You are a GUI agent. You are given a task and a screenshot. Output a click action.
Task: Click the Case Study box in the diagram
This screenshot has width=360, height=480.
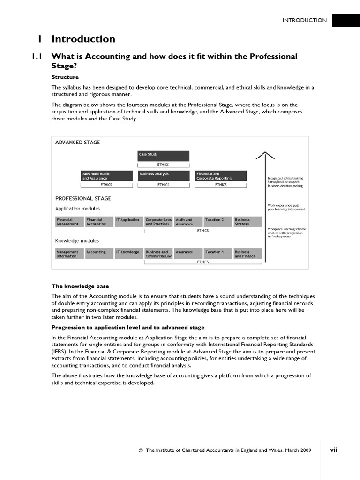click(x=163, y=156)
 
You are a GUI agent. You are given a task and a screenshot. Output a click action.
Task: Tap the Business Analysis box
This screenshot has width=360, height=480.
click(x=163, y=176)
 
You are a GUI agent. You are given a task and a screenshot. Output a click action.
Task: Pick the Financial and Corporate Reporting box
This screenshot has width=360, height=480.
click(x=220, y=176)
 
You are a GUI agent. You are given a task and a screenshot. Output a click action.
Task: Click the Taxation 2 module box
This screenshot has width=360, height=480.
click(x=216, y=221)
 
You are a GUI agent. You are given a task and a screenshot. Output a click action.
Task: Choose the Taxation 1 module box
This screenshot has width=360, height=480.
click(x=216, y=254)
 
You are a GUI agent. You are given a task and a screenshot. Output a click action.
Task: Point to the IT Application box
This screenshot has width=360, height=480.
click(x=127, y=221)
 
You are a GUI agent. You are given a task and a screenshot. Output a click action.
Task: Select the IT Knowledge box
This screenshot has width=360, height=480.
click(x=127, y=254)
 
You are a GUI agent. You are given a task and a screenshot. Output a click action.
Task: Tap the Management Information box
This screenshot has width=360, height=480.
click(x=69, y=254)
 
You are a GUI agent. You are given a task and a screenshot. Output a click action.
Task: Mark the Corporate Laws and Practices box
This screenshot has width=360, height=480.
click(x=158, y=221)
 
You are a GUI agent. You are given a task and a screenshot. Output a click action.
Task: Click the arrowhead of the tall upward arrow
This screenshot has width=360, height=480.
click(x=265, y=155)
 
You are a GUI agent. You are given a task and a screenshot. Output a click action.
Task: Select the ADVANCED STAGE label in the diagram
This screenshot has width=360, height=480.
click(x=77, y=142)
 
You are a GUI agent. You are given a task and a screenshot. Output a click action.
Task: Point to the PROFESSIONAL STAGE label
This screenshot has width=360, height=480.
click(x=83, y=198)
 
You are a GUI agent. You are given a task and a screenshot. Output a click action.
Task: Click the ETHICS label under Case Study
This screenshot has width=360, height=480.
click(x=163, y=165)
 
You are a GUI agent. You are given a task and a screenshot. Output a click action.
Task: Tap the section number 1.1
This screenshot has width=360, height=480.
click(x=37, y=56)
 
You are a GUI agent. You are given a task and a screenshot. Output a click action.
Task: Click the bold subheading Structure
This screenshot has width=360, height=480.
click(x=65, y=77)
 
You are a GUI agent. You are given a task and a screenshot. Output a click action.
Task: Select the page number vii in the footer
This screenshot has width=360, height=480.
click(x=333, y=450)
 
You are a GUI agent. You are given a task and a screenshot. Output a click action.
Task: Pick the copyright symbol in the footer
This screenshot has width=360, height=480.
click(x=141, y=450)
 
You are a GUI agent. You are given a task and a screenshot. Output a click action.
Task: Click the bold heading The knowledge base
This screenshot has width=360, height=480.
click(x=80, y=286)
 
